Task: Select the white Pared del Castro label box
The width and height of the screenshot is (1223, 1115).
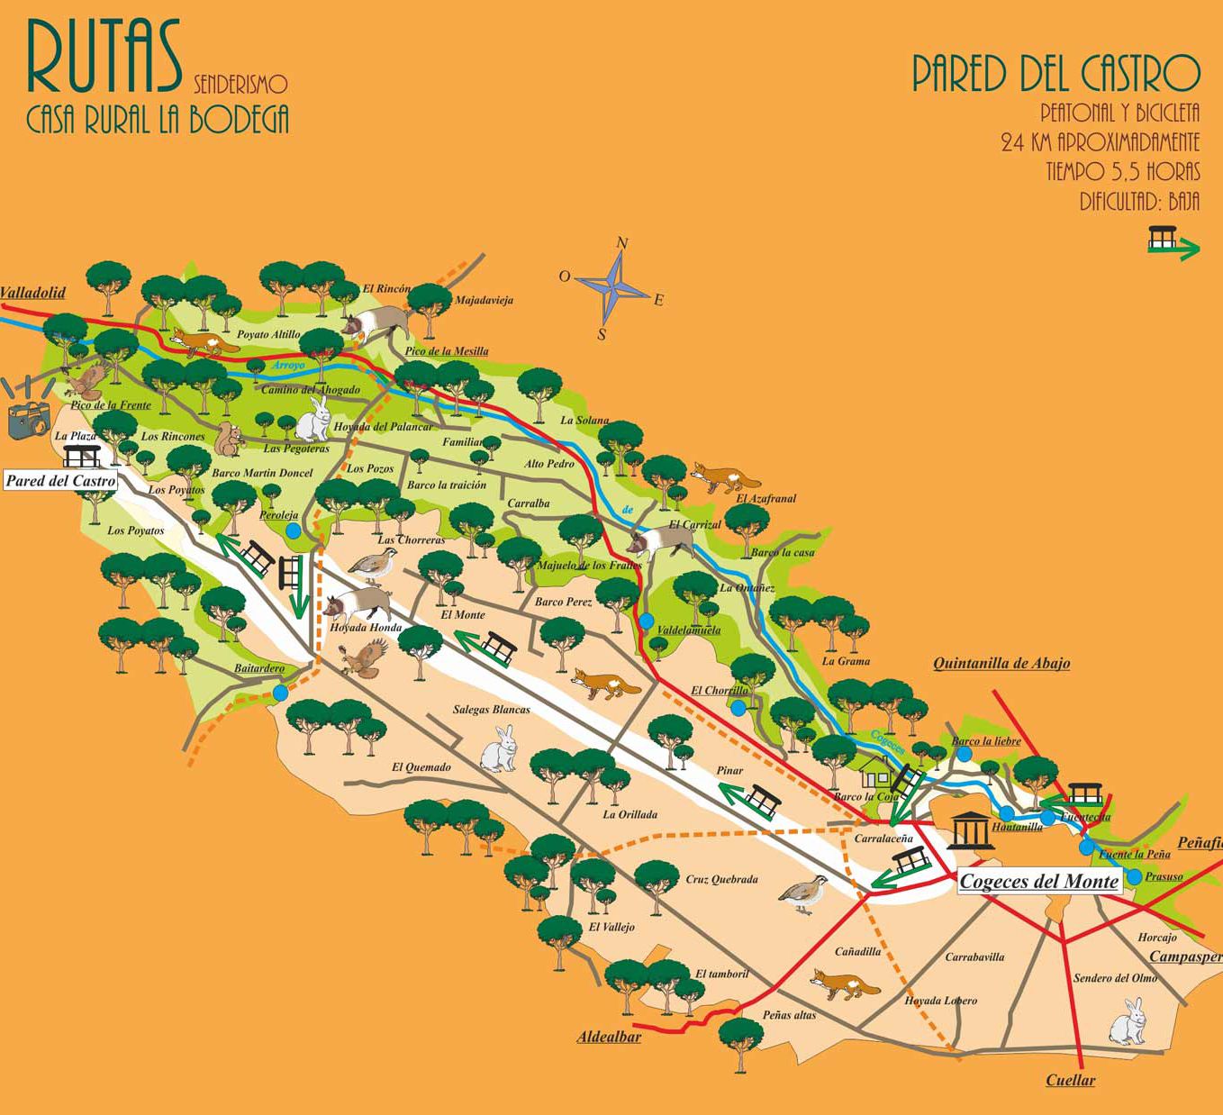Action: coord(61,481)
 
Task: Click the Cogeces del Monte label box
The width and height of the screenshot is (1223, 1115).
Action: coord(1038,882)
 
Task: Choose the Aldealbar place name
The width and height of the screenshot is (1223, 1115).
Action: coord(609,1038)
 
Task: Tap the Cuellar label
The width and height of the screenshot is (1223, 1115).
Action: coord(1070,1081)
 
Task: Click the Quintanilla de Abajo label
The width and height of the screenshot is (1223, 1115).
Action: coord(1001,664)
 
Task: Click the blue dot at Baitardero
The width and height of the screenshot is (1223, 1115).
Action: coord(281,692)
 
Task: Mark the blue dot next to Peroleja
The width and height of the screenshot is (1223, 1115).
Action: coord(293,531)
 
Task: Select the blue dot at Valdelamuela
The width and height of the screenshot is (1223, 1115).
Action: coord(647,621)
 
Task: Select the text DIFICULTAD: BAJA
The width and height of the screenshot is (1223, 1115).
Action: coord(1139,200)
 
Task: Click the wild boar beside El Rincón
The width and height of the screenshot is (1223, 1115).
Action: coord(380,322)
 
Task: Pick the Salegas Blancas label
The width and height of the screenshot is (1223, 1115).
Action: coord(491,710)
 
